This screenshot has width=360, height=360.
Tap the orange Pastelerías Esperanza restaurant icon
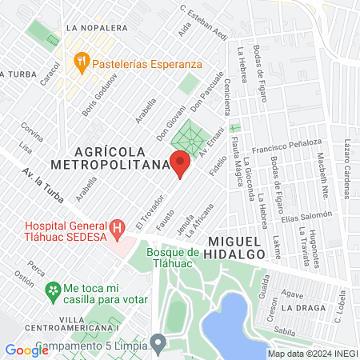click(81, 60)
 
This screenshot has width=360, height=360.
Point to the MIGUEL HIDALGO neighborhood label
click(236, 246)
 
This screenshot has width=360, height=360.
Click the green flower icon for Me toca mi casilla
click(53, 289)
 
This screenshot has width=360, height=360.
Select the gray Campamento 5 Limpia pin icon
click(158, 346)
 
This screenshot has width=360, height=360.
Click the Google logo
click(26, 350)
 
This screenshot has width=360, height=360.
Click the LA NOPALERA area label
click(98, 27)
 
